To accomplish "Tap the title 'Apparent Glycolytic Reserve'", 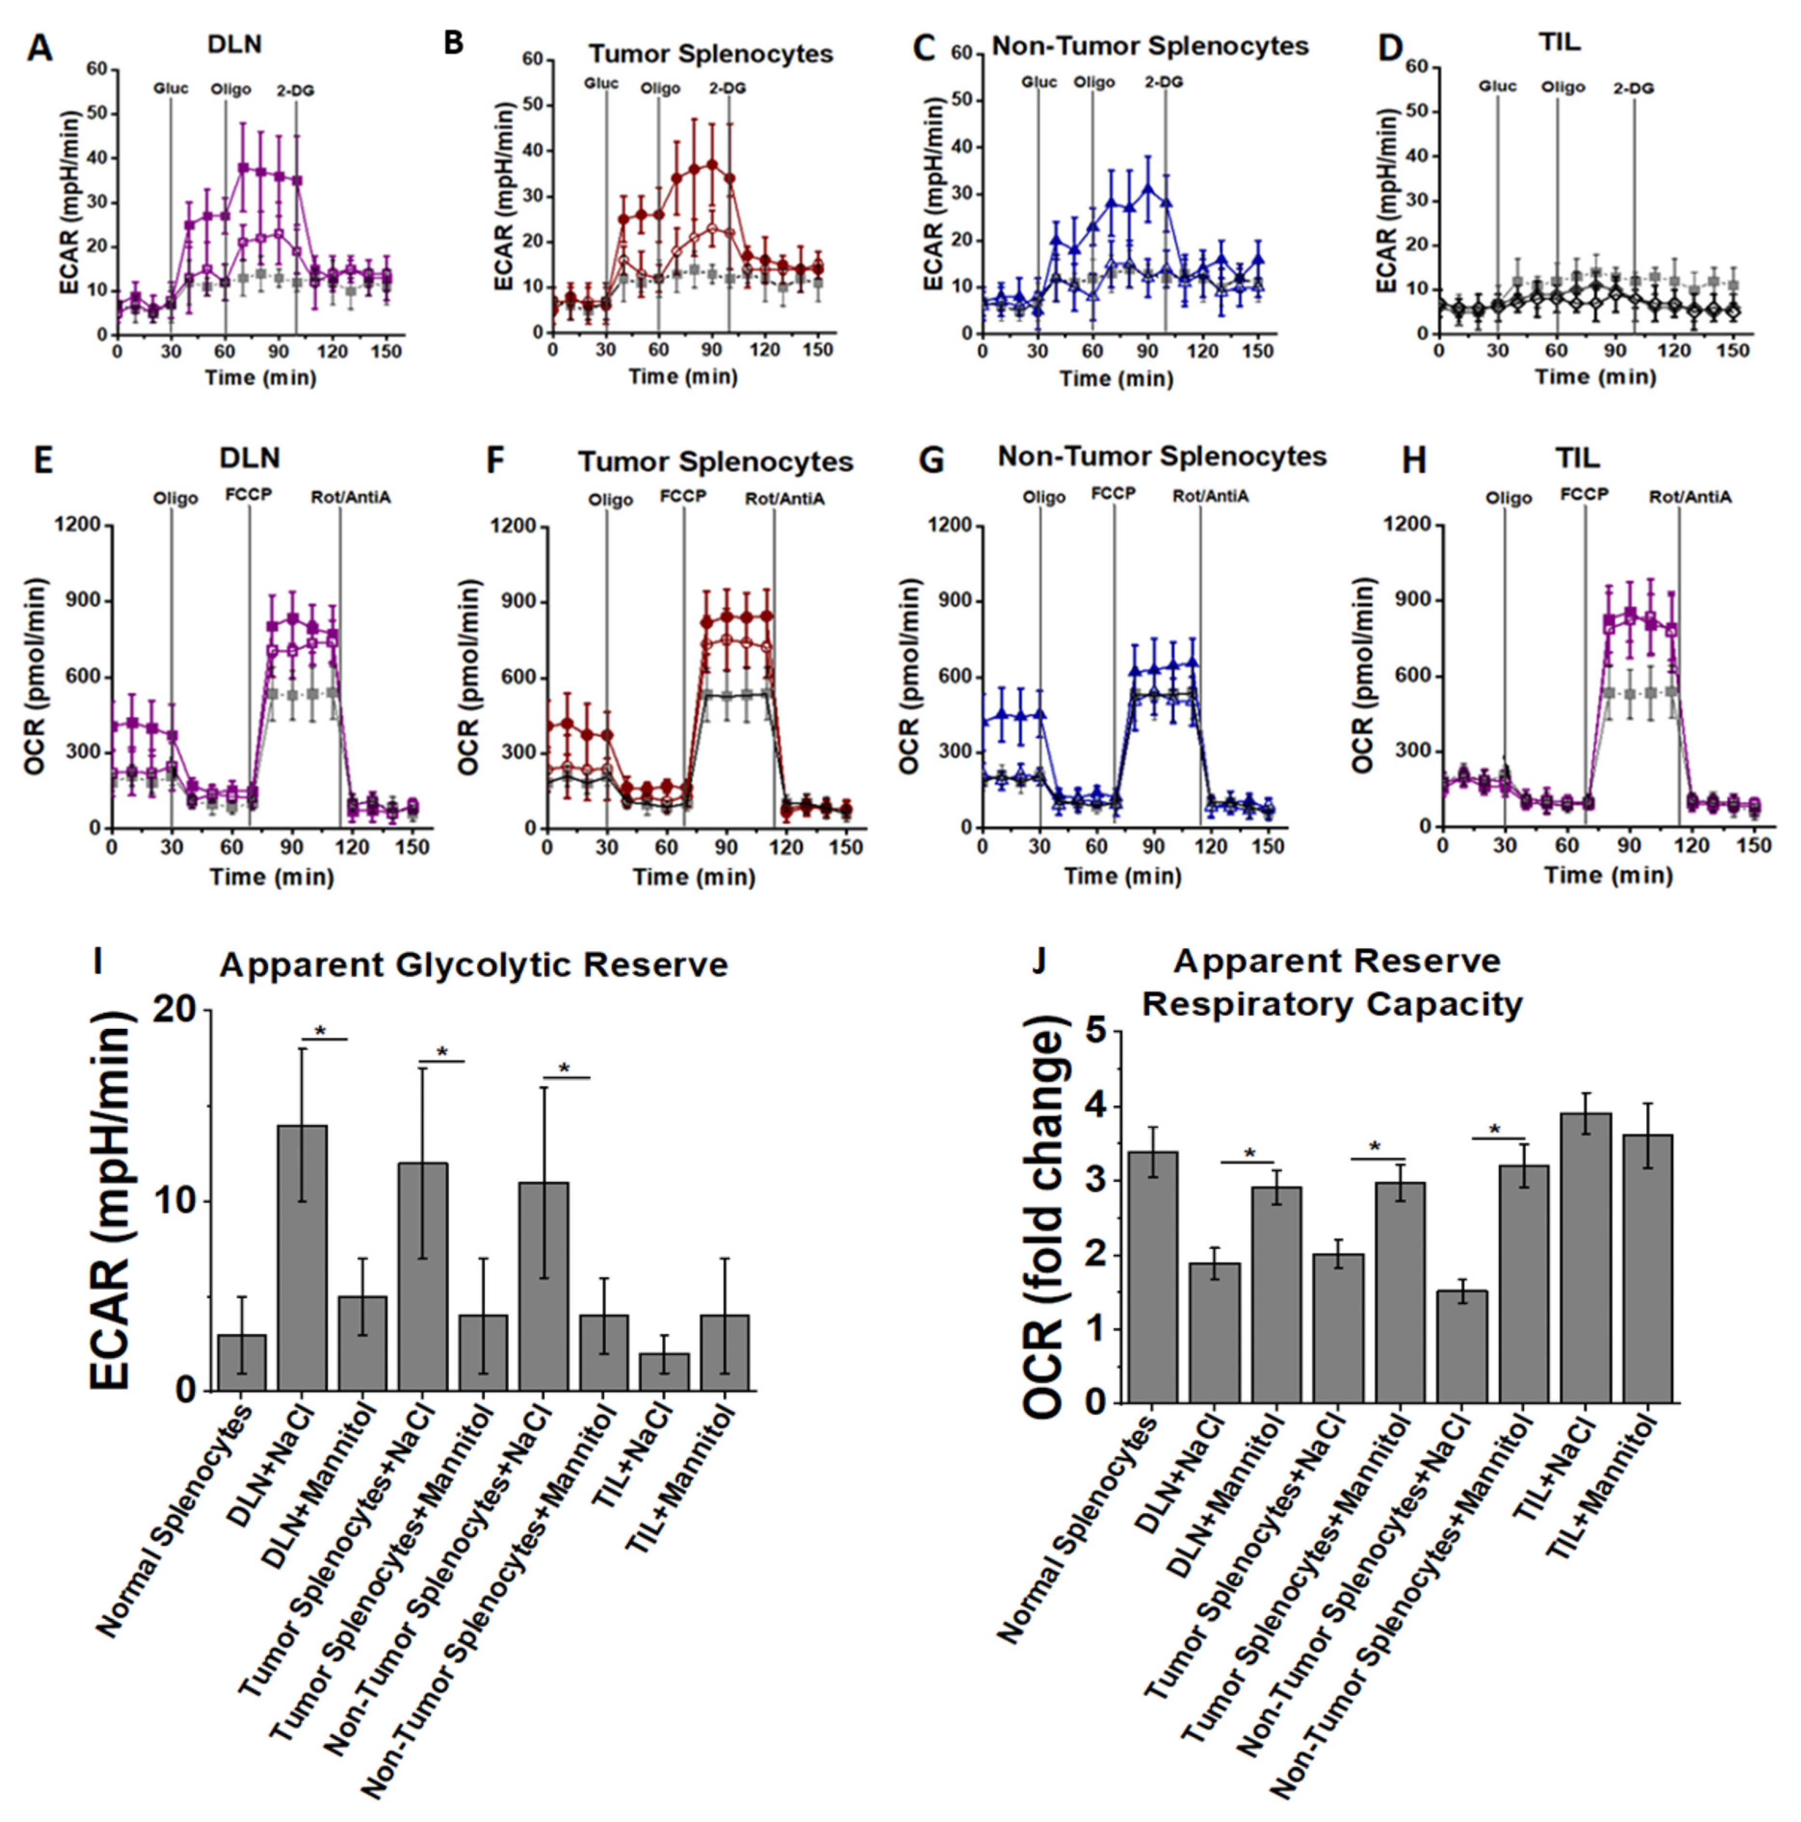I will click(473, 965).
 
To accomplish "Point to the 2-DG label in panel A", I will click(295, 91).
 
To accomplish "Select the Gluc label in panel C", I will click(1038, 82).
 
